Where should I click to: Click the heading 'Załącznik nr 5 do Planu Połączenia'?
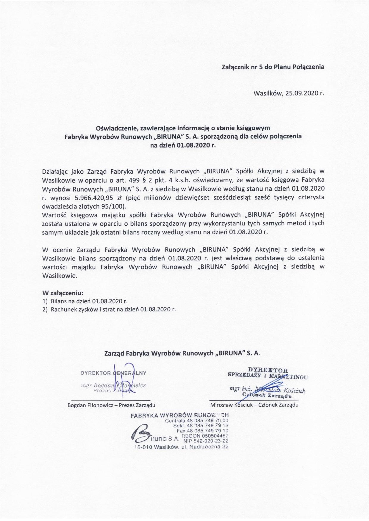pos(273,67)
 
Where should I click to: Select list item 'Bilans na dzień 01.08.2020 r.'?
pos(89,301)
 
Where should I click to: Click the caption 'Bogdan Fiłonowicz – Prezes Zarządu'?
pos(111,405)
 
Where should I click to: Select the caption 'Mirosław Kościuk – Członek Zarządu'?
pos(254,405)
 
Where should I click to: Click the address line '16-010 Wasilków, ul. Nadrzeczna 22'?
pos(179,447)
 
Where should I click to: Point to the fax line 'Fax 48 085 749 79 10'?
pos(202,431)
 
